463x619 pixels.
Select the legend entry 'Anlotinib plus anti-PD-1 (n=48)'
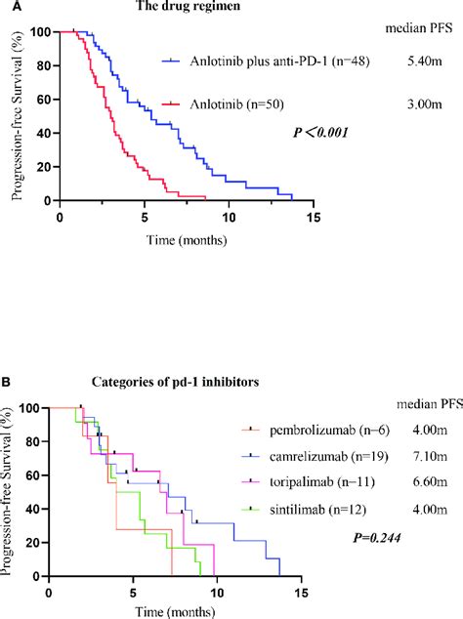click(263, 62)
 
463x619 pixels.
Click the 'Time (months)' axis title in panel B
click(180, 611)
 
